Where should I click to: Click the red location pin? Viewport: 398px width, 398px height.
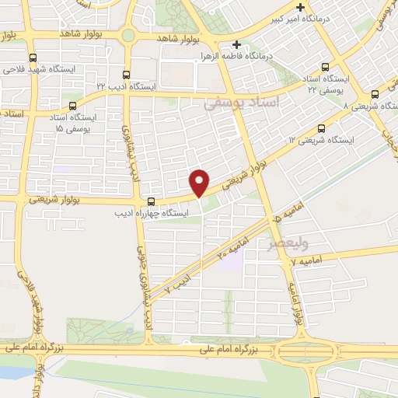(x=200, y=182)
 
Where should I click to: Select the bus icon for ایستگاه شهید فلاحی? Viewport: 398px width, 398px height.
(x=32, y=58)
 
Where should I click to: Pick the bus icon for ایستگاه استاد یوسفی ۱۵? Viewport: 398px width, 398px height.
(x=72, y=106)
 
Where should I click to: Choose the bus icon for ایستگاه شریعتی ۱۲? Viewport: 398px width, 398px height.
(x=321, y=129)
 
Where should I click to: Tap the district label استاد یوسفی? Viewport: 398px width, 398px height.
(x=237, y=103)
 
